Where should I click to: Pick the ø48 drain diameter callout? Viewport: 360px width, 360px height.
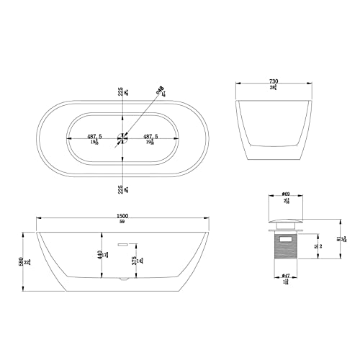pyautogui.click(x=160, y=90)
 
